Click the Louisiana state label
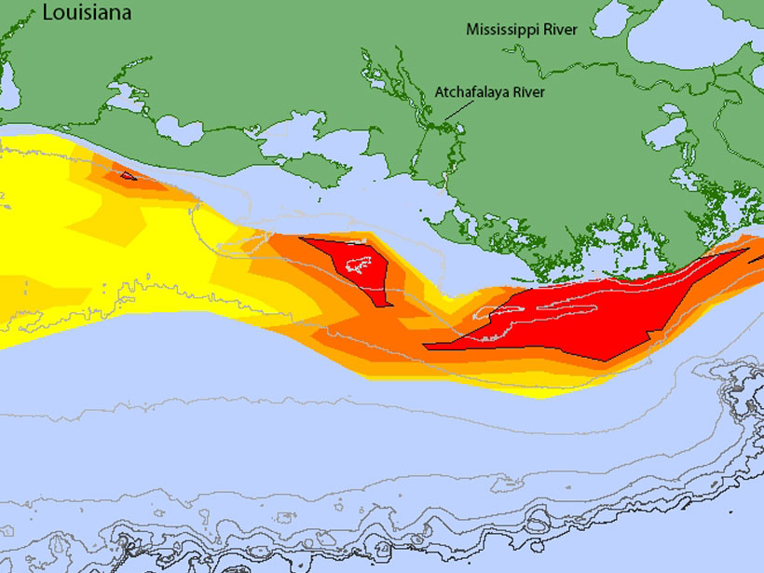pyautogui.click(x=86, y=14)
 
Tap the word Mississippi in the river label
pyautogui.click(x=500, y=31)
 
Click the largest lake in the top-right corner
pyautogui.click(x=694, y=37)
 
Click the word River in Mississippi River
pyautogui.click(x=559, y=31)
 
